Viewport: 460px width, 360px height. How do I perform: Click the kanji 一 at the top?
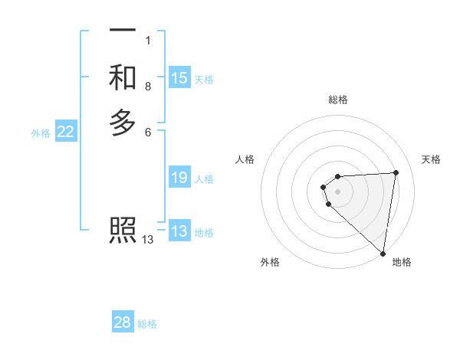tap(123, 31)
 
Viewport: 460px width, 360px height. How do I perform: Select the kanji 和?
tap(123, 77)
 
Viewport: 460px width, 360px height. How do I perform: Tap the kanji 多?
tap(123, 123)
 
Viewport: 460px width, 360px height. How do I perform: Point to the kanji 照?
tap(123, 230)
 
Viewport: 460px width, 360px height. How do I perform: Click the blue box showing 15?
tap(179, 78)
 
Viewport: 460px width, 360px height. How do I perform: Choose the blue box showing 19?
tap(179, 178)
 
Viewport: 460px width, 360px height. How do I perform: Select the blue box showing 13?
tap(179, 232)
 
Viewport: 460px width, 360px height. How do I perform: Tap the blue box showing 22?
tap(66, 132)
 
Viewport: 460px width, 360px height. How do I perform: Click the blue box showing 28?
tap(123, 322)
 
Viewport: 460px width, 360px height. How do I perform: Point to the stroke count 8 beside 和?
tap(148, 87)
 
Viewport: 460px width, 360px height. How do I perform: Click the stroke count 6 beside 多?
tap(148, 132)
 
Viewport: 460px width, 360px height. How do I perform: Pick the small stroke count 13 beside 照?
tap(148, 240)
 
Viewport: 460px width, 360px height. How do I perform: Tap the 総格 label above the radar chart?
tap(338, 100)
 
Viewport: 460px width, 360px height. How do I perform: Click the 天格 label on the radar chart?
tap(431, 159)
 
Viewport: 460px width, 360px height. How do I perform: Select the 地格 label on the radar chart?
tap(402, 262)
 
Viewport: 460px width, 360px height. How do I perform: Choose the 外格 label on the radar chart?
tap(270, 262)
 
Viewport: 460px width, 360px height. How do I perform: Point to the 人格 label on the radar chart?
tap(245, 159)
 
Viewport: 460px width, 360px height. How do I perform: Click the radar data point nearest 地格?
tap(383, 253)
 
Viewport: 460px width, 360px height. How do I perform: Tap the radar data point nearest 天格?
tap(396, 172)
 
